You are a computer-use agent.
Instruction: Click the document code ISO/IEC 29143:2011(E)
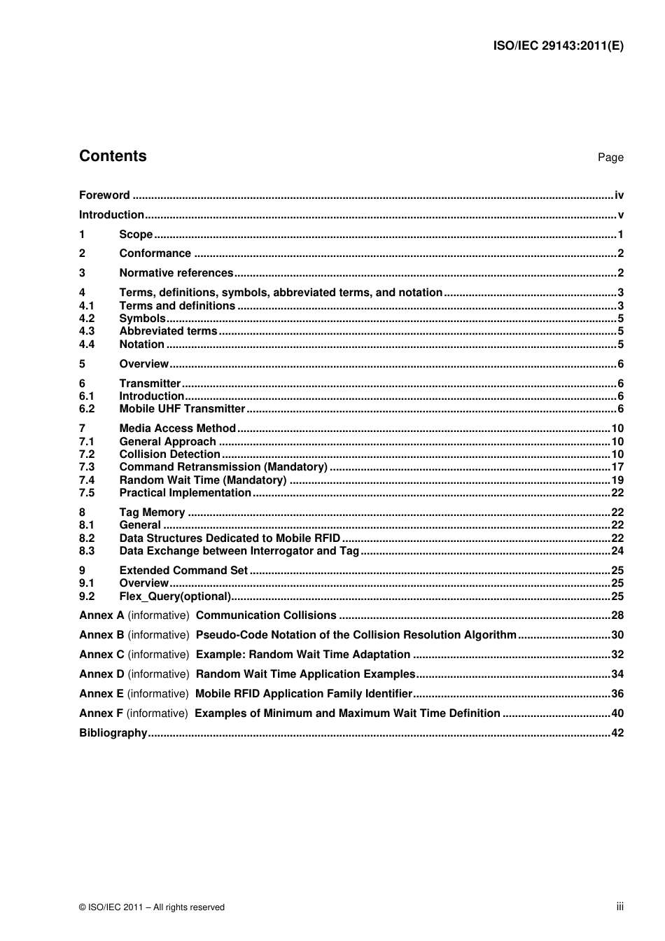pos(558,46)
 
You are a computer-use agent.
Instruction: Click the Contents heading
pos(113,156)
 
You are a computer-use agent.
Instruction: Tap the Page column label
pos(610,158)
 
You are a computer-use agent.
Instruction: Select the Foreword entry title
pos(104,195)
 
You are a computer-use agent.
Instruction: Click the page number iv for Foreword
pos(619,195)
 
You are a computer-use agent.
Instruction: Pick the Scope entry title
pos(136,235)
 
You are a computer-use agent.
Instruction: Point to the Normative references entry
pos(176,273)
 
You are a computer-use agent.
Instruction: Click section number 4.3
pos(87,331)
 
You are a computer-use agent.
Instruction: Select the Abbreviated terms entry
pos(168,331)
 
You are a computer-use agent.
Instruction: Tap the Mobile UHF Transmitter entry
pos(182,409)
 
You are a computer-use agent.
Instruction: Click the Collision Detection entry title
pos(169,454)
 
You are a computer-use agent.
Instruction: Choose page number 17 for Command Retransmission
pos(617,467)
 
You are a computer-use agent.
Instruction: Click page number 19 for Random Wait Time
pos(617,480)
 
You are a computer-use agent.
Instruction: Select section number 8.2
pos(87,538)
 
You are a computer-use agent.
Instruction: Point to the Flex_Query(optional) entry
pos(175,597)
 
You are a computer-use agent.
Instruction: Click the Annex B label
pos(101,635)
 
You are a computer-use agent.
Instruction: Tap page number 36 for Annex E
pos(617,694)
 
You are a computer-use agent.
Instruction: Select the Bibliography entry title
pos(113,733)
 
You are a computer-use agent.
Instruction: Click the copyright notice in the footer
pos(152,907)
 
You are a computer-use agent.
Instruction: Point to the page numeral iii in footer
pos(619,907)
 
